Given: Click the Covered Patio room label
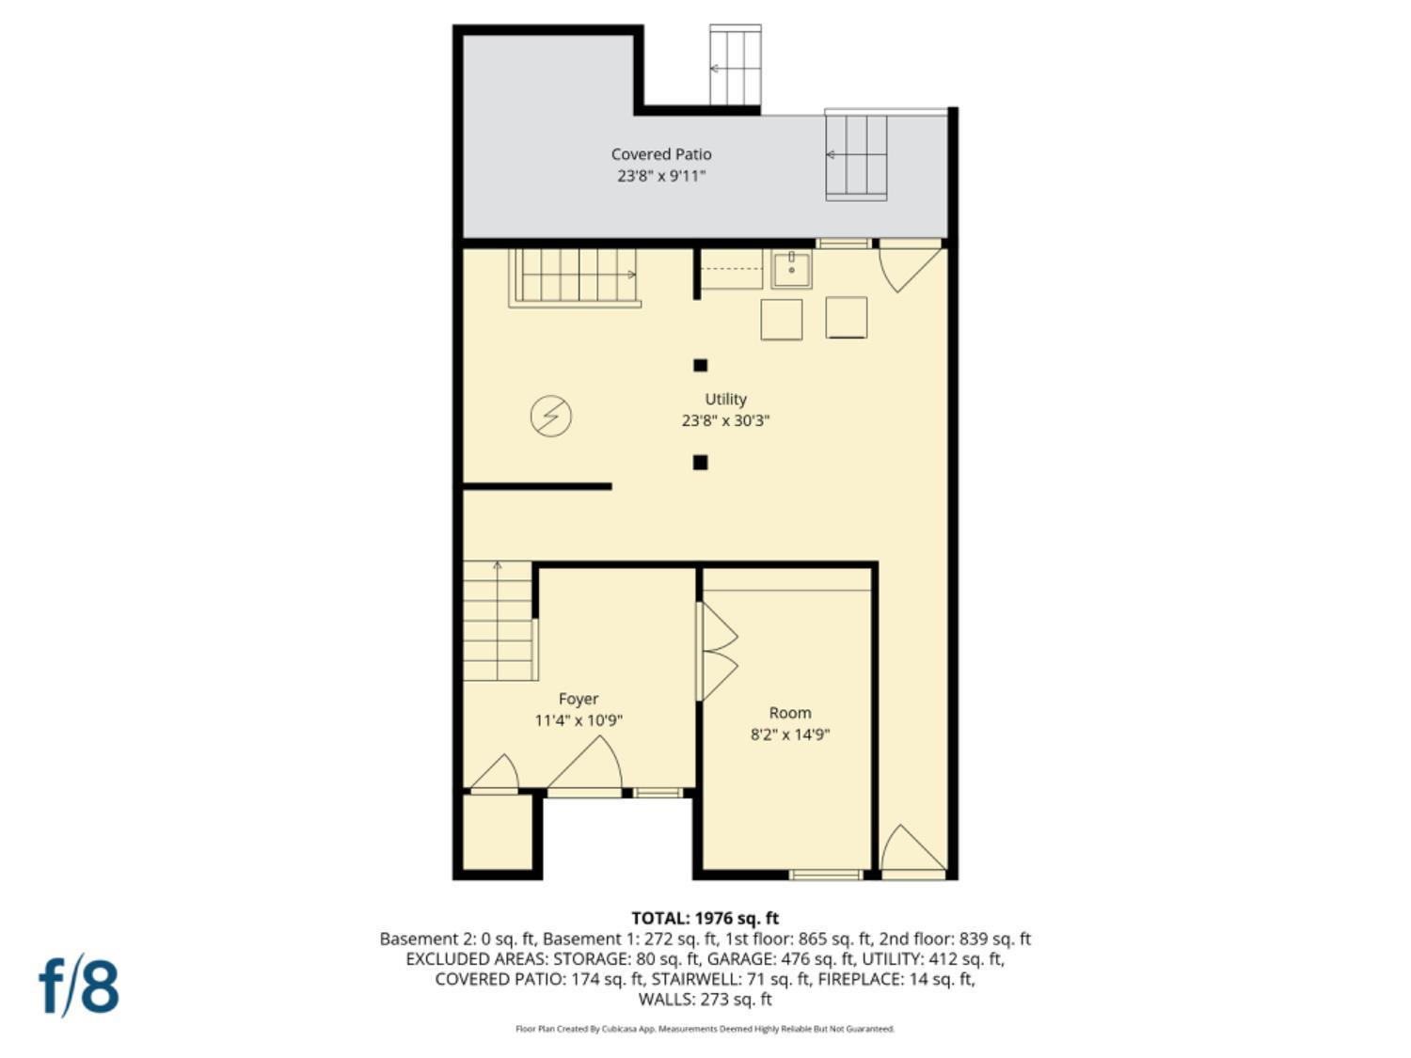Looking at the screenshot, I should click(660, 154).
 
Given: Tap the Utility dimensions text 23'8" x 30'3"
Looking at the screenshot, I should click(725, 420).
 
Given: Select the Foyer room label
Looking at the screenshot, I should click(578, 699).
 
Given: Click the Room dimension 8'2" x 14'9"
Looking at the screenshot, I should click(789, 734).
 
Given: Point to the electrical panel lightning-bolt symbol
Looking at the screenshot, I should click(550, 416).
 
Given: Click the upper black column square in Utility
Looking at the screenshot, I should click(700, 366).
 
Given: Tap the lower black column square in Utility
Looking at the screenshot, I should click(700, 462).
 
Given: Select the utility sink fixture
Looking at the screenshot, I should click(791, 270).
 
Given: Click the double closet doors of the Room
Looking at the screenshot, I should click(717, 652).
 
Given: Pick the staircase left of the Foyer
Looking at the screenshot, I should click(499, 621).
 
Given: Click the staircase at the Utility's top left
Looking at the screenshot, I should click(575, 276).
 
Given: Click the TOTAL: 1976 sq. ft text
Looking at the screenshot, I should click(705, 918).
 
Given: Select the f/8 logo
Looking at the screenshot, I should click(79, 986).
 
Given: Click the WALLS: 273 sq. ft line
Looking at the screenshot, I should click(705, 999).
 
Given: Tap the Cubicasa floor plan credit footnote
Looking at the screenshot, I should click(705, 1029).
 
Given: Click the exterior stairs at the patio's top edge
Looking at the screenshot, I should click(735, 66).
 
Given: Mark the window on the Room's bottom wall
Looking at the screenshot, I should click(825, 875).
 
